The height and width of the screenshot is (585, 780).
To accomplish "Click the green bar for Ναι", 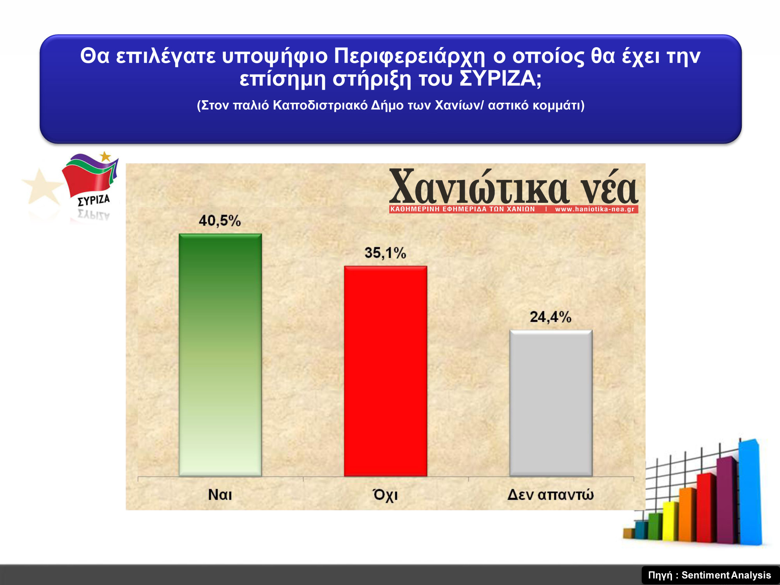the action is (x=220, y=355).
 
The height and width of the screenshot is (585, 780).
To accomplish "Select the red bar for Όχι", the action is (x=386, y=371).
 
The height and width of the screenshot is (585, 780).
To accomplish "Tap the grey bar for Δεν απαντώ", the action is (x=551, y=403).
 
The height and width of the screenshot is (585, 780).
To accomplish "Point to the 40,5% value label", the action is (x=220, y=221).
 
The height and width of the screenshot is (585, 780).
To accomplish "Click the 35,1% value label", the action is (x=385, y=253).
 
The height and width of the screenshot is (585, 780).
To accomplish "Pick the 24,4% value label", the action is (x=551, y=317).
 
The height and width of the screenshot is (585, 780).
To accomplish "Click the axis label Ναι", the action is (x=220, y=495).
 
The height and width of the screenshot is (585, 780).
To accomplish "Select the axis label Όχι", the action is (x=385, y=495).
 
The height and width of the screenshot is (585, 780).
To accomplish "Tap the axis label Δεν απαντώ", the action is (x=551, y=495).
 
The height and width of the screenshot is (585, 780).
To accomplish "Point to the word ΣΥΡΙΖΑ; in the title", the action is (x=501, y=79).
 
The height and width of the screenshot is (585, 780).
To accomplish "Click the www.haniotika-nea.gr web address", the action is (x=595, y=209).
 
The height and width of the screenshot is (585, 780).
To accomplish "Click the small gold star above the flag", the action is (x=105, y=157).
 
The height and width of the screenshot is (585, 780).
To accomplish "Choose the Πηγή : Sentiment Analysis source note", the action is (x=710, y=575).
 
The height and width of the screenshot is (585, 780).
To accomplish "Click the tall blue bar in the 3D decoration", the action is (x=750, y=492).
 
